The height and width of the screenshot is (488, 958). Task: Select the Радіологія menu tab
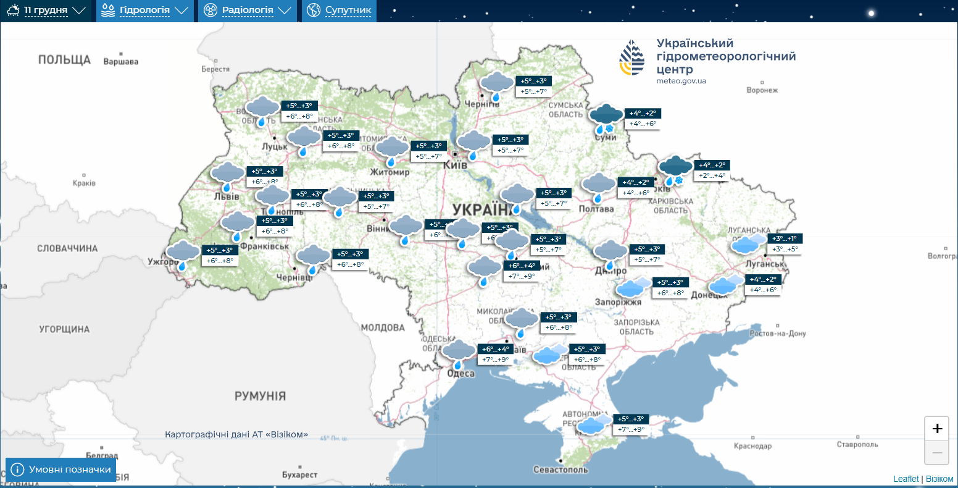248,11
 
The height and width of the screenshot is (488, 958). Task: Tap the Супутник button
339,11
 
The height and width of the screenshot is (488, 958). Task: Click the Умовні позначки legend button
61,469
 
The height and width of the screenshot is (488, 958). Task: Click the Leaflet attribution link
906,479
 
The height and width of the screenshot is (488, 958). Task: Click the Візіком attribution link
939,479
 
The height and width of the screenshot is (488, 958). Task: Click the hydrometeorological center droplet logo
632,58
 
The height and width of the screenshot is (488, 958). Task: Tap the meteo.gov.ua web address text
681,81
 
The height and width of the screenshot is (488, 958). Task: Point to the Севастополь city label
560,469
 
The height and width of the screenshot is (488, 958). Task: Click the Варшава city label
121,62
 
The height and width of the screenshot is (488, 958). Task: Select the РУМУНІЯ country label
260,396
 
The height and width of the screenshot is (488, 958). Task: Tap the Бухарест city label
299,474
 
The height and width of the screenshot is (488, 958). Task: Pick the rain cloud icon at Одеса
459,353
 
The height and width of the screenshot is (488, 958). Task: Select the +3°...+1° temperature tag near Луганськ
785,238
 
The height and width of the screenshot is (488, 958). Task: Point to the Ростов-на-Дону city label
778,334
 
